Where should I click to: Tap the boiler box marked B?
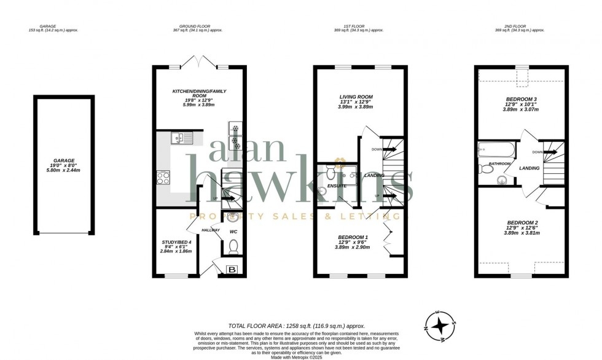pyautogui.click(x=232, y=270)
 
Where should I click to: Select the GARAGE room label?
pyautogui.click(x=63, y=160)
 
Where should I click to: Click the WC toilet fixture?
pyautogui.click(x=233, y=246)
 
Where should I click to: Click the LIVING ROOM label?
pyautogui.click(x=356, y=97)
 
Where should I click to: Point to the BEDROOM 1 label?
pyautogui.click(x=353, y=237)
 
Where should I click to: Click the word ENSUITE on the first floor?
pyautogui.click(x=336, y=186)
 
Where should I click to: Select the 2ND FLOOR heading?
pyautogui.click(x=521, y=27)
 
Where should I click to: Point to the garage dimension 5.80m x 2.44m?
pyautogui.click(x=63, y=170)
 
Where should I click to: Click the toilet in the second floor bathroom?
pyautogui.click(x=487, y=168)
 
